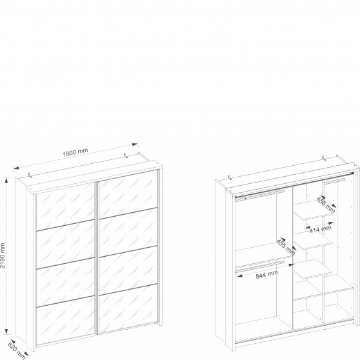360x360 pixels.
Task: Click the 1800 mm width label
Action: [75, 152]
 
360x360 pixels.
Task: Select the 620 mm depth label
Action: [17, 350]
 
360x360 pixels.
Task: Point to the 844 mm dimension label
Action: [266, 274]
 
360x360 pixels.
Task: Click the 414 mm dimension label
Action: [320, 229]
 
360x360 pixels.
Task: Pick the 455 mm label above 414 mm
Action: [326, 205]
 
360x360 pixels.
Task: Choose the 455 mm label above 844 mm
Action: [286, 247]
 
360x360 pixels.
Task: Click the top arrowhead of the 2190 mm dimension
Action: [6, 179]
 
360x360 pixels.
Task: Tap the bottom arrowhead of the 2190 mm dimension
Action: [6, 332]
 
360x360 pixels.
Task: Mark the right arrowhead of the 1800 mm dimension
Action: [135, 144]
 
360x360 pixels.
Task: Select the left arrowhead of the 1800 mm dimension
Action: [16, 168]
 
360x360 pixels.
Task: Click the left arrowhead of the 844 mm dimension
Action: [240, 276]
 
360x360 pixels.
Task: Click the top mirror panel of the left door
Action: [65, 206]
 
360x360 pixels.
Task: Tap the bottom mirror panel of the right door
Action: [128, 308]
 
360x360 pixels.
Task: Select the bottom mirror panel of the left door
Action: [66, 321]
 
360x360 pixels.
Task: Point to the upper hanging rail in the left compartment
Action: [260, 195]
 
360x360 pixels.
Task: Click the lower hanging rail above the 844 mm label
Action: [260, 266]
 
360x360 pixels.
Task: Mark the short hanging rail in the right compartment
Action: [335, 181]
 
